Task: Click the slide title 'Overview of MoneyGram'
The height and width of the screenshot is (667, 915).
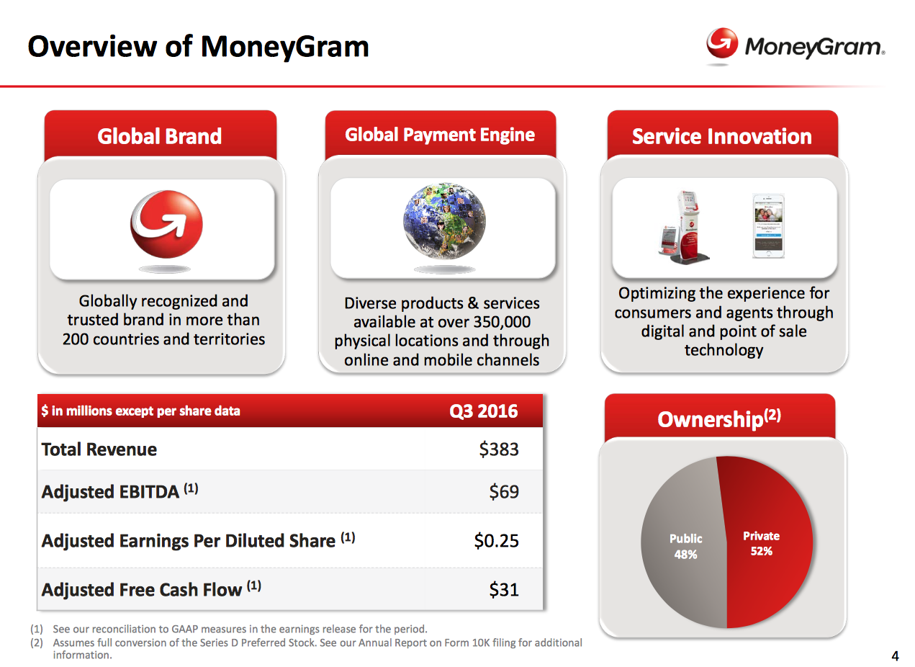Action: point(198,47)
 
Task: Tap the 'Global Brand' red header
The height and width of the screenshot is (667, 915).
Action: point(160,136)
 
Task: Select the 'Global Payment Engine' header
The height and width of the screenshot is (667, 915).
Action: point(440,135)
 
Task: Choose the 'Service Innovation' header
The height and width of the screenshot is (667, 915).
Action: point(722,136)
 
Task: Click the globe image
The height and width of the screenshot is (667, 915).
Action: point(444,221)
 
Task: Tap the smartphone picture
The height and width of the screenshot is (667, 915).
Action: point(768,225)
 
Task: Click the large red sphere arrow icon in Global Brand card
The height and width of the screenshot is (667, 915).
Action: point(166,225)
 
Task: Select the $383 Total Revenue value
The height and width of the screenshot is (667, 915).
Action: point(499,449)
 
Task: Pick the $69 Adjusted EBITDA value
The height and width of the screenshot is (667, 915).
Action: point(504,492)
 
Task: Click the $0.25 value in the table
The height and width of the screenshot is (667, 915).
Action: point(496,541)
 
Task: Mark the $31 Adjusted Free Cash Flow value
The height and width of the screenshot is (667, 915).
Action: point(504,590)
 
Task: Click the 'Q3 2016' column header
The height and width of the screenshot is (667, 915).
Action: point(484,411)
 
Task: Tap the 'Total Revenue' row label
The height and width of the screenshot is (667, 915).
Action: point(99,449)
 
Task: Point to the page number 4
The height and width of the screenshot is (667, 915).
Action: point(895,656)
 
